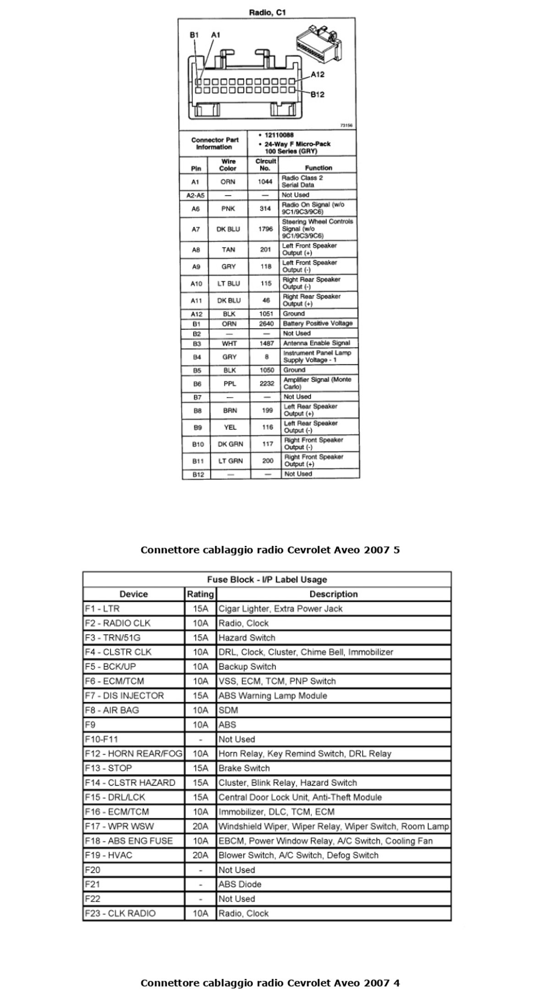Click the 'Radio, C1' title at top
(267, 13)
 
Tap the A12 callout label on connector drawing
(317, 75)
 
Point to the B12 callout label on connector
(317, 94)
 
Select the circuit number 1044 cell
(265, 182)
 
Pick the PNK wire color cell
(228, 209)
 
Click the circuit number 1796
(265, 229)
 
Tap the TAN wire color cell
(228, 250)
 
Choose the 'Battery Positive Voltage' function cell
(317, 323)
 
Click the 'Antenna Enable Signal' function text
(316, 343)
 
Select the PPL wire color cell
(230, 384)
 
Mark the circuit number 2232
(267, 384)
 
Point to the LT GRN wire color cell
(230, 461)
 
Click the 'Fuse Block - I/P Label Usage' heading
(267, 580)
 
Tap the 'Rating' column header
(200, 594)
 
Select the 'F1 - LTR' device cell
(102, 609)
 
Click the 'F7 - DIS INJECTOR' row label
(124, 696)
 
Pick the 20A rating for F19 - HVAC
(200, 855)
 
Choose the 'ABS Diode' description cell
(240, 884)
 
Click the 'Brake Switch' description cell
(244, 768)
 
